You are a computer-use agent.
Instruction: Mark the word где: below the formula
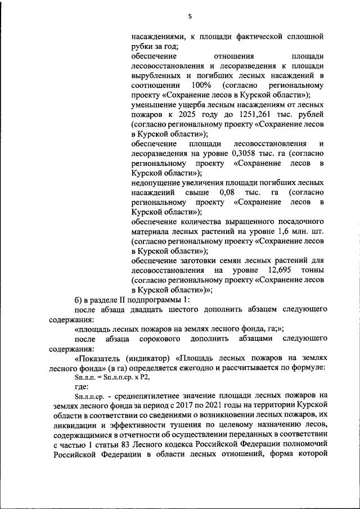[x=83, y=388]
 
